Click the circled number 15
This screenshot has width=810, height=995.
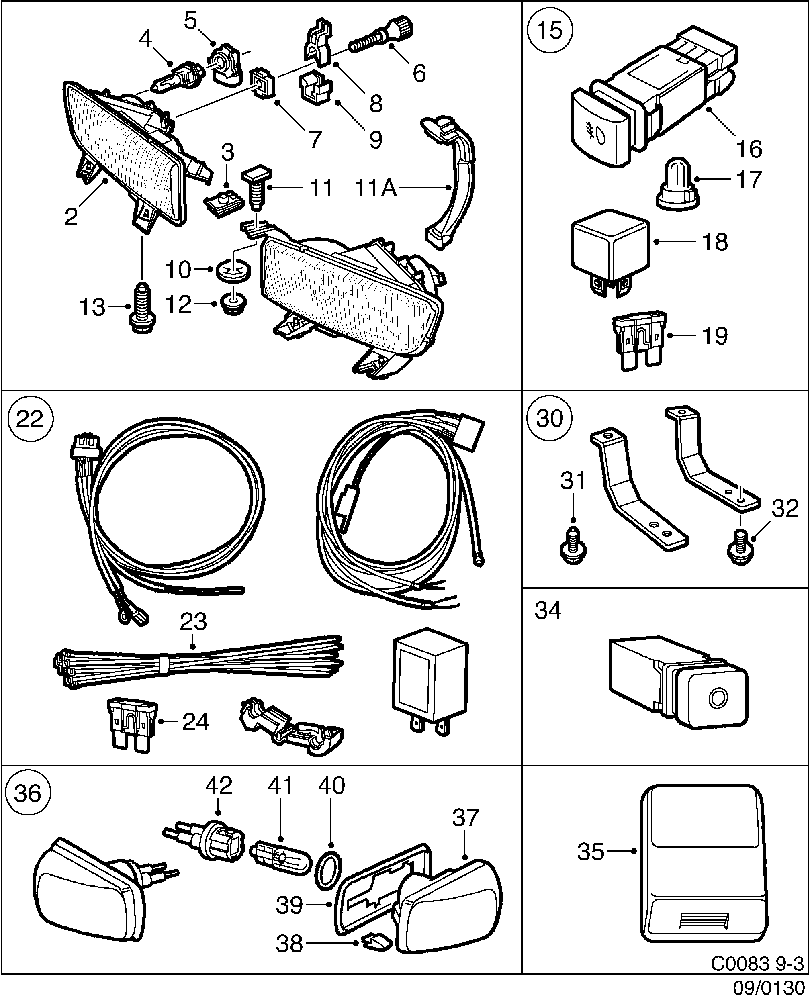[550, 31]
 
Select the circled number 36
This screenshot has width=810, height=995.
[28, 793]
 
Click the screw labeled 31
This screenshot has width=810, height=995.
[573, 547]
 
